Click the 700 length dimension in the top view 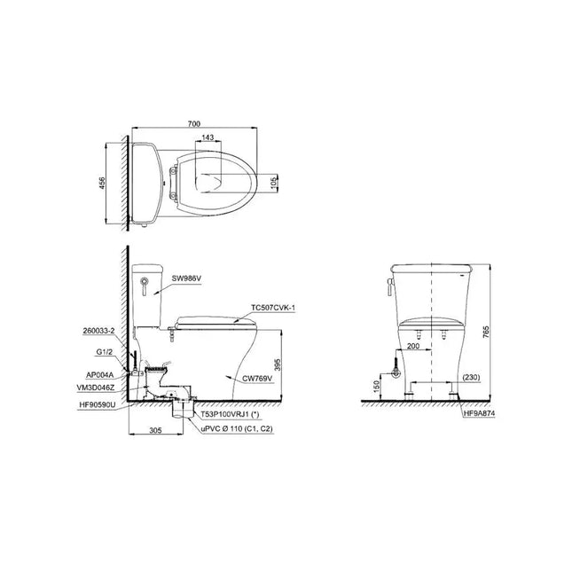point(193,124)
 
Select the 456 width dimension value point(102,183)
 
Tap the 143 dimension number point(208,137)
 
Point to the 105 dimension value point(274,182)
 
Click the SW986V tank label point(186,278)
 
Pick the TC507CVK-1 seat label point(273,308)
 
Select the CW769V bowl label point(257,379)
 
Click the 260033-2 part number point(98,331)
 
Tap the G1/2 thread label point(105,352)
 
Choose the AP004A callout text point(99,374)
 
